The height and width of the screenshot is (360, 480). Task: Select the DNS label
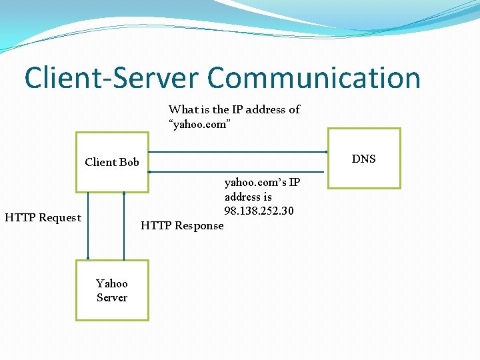[x=363, y=159]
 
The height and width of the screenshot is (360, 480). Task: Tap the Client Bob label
[x=112, y=162]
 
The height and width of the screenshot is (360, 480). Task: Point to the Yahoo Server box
[x=112, y=290]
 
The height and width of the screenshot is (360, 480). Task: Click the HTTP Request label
[x=43, y=217]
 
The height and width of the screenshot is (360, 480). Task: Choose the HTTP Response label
[x=182, y=225]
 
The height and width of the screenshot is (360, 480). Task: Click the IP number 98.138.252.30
[x=259, y=211]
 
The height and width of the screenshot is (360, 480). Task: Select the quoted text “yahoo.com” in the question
[x=200, y=124]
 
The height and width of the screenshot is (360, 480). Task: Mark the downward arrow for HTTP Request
[x=87, y=226]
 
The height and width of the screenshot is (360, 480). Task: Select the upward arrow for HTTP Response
[x=124, y=226]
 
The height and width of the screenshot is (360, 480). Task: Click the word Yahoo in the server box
[x=112, y=283]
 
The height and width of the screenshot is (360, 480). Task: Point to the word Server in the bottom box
[x=112, y=297]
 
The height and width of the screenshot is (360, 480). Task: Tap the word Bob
[x=129, y=162]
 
